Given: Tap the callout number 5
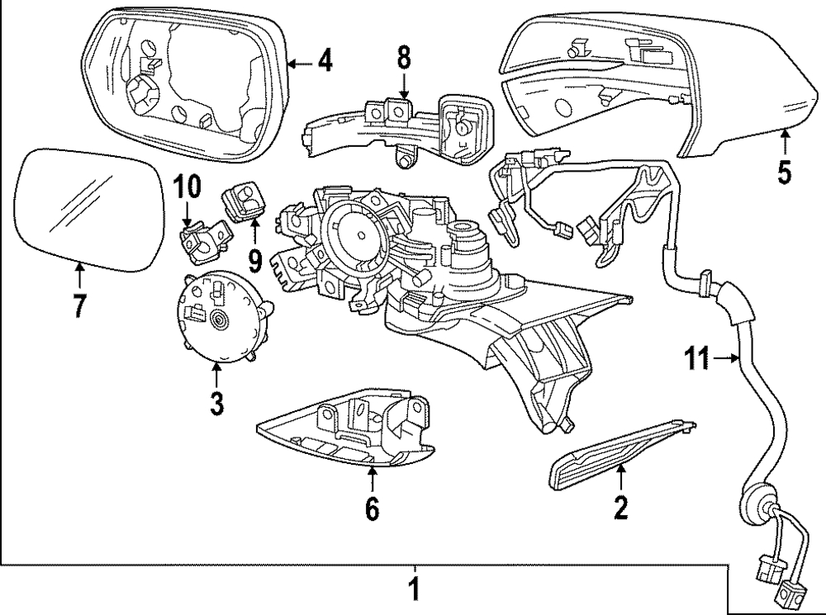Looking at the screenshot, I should click(783, 172).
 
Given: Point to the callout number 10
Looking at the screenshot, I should click(187, 187).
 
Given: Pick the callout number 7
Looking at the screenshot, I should click(78, 306).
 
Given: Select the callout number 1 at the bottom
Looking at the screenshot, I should click(415, 591).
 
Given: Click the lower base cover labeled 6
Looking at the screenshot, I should click(347, 429).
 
